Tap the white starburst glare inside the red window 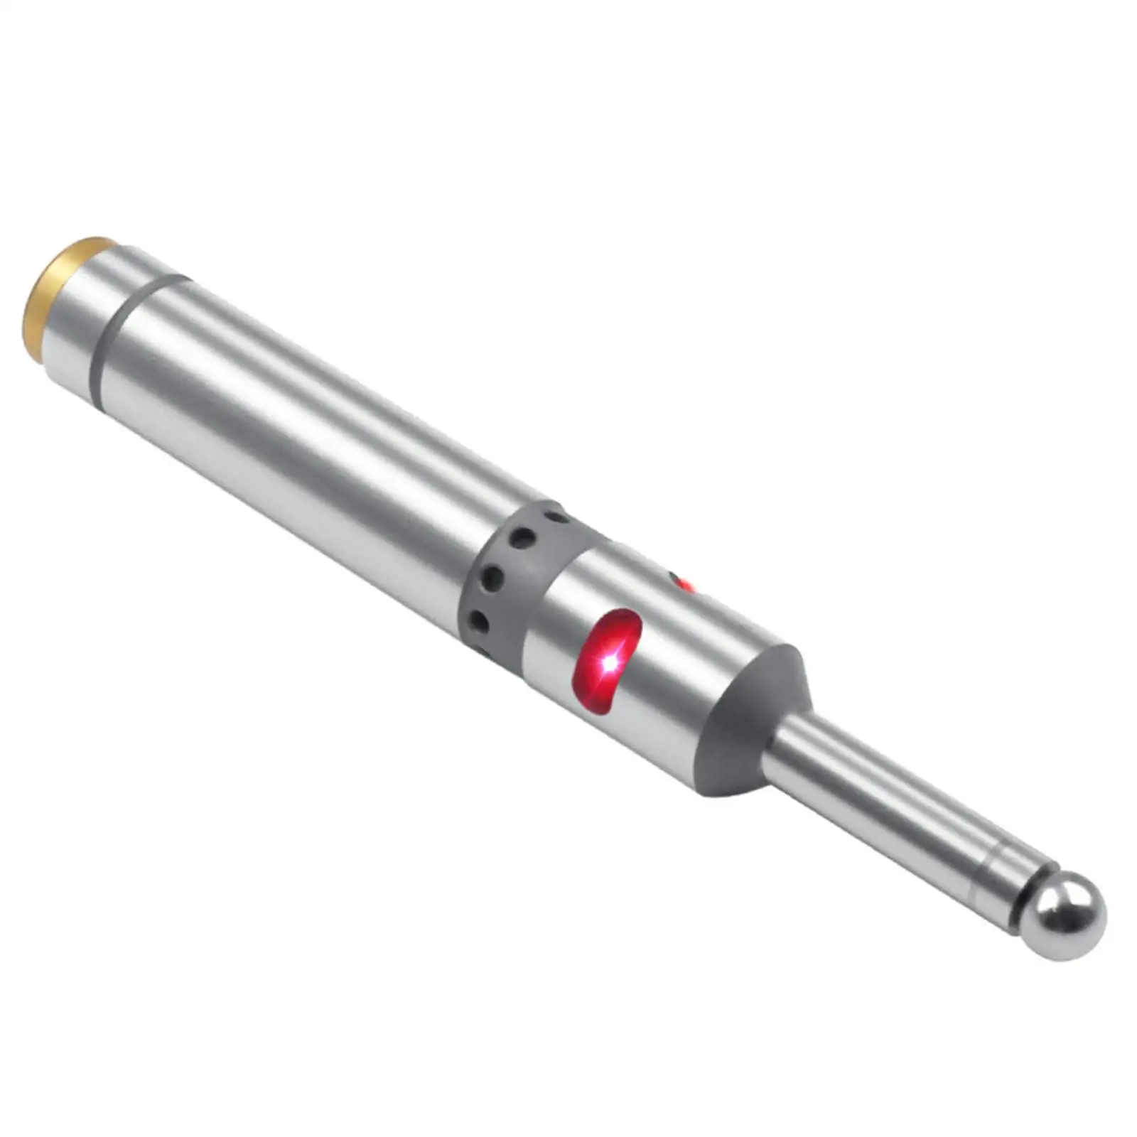[610, 663]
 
